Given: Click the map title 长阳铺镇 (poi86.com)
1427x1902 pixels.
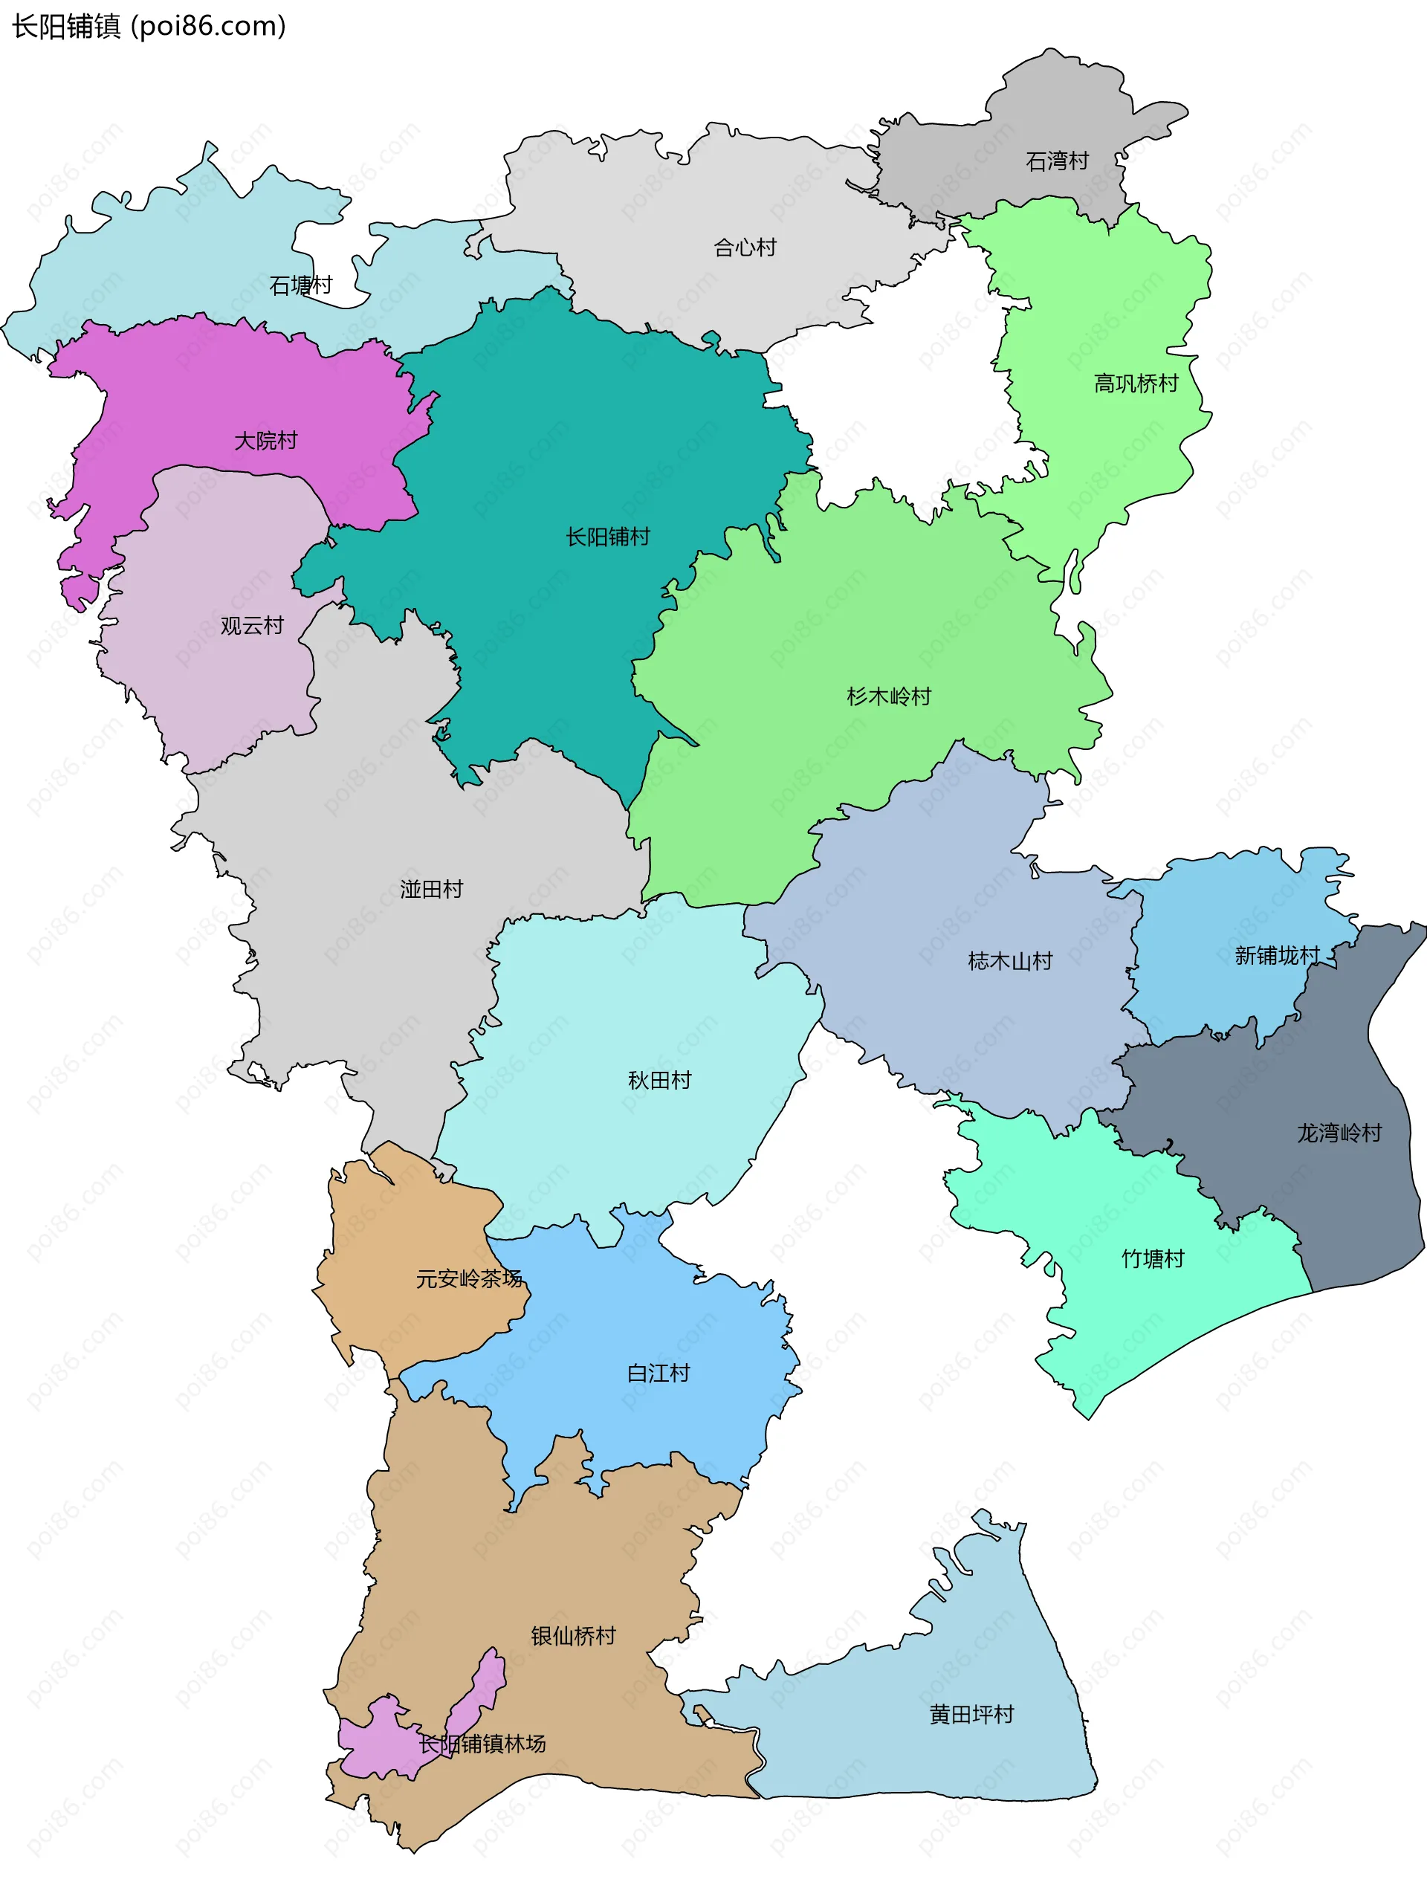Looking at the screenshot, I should (x=149, y=27).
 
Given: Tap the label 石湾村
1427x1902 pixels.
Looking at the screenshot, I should (x=1058, y=161).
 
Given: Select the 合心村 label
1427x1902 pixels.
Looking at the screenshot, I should (x=745, y=248).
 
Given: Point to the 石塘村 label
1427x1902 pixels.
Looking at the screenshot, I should (x=301, y=285).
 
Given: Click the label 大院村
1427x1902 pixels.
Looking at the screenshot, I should (x=265, y=440).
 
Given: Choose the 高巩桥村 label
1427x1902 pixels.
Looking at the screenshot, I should (x=1136, y=384).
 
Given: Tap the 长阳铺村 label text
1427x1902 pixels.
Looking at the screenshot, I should (x=608, y=537).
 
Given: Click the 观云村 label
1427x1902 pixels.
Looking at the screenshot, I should (x=252, y=625).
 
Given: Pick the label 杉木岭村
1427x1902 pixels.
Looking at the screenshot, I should (x=889, y=696).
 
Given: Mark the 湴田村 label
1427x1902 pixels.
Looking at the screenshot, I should (x=432, y=889).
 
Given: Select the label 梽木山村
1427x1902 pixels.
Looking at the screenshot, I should (x=1010, y=960).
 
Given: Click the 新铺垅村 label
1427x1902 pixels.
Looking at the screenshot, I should (x=1277, y=955).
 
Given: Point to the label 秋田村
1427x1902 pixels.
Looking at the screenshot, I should (x=659, y=1080).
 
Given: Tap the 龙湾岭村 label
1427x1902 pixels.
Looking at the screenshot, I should (x=1339, y=1133).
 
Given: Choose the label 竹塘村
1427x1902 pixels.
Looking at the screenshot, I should (x=1153, y=1259).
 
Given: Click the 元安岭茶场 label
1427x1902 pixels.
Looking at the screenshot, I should (x=470, y=1278).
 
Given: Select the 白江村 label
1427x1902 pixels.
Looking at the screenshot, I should (x=659, y=1374).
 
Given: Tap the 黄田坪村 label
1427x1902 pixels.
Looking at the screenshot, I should (x=971, y=1714).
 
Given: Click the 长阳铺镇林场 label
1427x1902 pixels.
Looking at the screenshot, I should (x=482, y=1743).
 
